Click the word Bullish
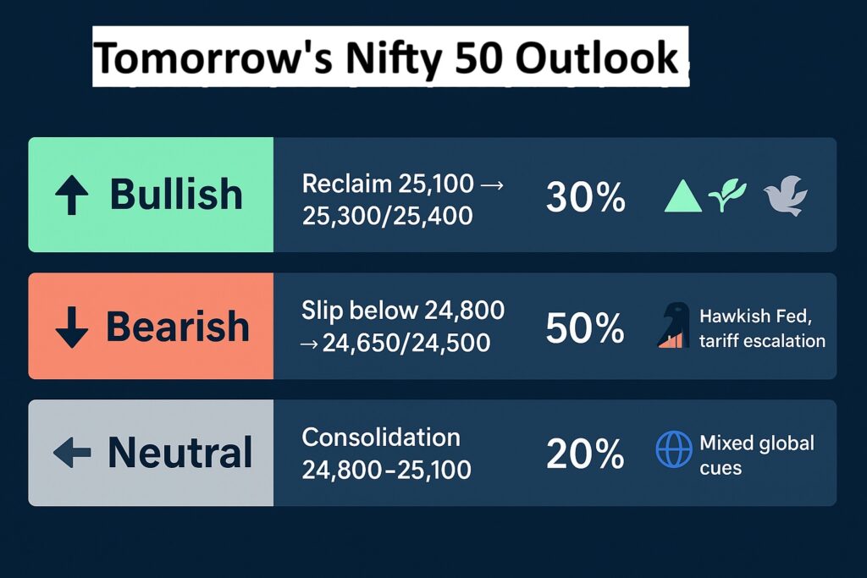point(176,195)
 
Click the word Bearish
point(178,327)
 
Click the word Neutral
point(179,453)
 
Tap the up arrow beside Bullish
point(71,195)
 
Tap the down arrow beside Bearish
point(71,327)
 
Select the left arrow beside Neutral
point(72,454)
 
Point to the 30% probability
point(586,197)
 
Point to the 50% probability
point(586,328)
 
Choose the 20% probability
point(586,455)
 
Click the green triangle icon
point(683,196)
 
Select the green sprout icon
point(728,195)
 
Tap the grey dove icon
point(785,197)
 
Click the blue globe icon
point(674,449)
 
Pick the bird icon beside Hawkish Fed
point(673,326)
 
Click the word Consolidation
point(381,438)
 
